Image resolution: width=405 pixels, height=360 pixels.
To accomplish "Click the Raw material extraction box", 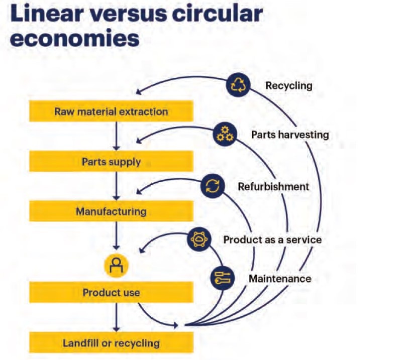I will (111, 111).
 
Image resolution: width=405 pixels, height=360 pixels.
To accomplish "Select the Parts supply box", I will (111, 162).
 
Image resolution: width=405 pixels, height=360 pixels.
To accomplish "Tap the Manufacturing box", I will (111, 211).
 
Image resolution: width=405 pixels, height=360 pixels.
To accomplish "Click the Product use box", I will (111, 292).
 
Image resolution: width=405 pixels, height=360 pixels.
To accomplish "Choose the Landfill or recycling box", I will (111, 343).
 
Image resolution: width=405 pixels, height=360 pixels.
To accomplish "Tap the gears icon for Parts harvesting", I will (224, 134).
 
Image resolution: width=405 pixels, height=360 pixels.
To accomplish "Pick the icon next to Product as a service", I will (200, 239).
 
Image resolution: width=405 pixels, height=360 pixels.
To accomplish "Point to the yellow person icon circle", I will (117, 265).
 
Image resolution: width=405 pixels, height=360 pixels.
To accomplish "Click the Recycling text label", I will (288, 85).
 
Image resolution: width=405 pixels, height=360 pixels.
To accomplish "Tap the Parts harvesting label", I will (290, 135).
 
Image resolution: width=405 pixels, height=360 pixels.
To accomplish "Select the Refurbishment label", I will (273, 187).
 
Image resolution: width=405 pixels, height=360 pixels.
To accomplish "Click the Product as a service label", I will (272, 239).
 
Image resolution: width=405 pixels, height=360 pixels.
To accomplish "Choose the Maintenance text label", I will (280, 278).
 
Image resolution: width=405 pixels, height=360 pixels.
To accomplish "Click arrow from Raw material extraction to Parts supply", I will (117, 136).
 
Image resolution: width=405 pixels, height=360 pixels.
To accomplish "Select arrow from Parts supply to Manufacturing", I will (117, 186).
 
